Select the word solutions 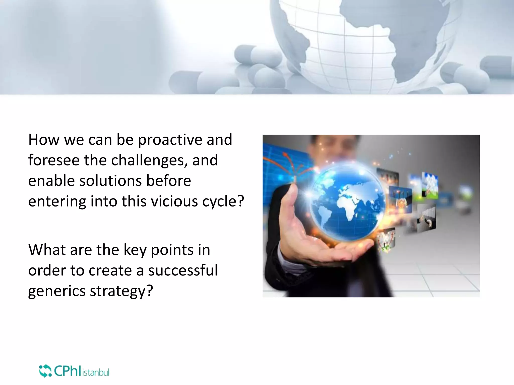coord(110,181)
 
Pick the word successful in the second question coord(183,270)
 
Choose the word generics coord(57,291)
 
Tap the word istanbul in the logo coord(96,372)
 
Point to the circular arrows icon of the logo coord(45,371)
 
